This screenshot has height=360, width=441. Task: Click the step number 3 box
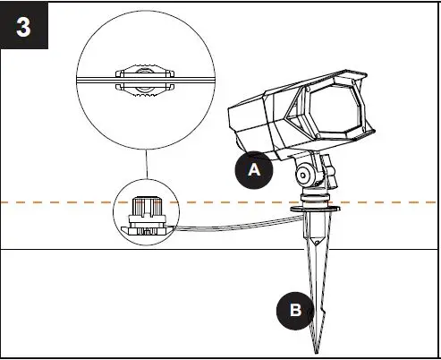tap(25, 24)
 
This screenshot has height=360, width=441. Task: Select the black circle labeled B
tap(295, 311)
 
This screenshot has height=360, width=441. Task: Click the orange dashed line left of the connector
tap(54, 202)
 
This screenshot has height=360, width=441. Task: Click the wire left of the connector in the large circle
tap(94, 79)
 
